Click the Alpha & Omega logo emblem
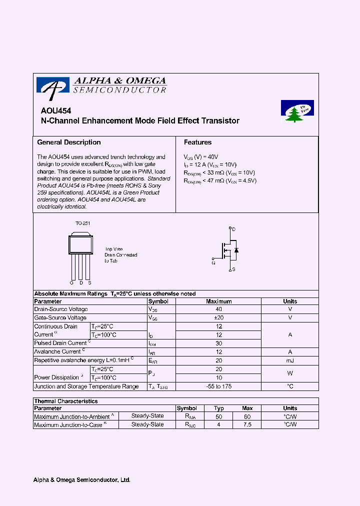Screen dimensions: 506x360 [x=52, y=86]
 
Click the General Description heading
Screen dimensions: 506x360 [x=69, y=142]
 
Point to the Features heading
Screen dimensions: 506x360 [x=197, y=142]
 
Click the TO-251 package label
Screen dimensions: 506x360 [x=82, y=223]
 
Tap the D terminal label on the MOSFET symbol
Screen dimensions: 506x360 [x=233, y=229]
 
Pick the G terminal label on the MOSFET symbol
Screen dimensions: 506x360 [x=213, y=261]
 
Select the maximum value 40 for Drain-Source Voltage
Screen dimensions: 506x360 [x=219, y=309]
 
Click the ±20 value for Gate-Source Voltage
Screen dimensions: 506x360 [x=219, y=318]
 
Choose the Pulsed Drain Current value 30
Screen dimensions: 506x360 [x=219, y=343]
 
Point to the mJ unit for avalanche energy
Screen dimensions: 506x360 [x=290, y=360]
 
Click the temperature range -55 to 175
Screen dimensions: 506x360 [x=219, y=386]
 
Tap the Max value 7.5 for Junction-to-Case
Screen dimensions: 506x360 [x=247, y=424]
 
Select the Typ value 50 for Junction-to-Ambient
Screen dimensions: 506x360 [x=218, y=416]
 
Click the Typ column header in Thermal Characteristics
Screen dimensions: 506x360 [x=218, y=408]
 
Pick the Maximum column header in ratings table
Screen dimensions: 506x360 [x=219, y=301]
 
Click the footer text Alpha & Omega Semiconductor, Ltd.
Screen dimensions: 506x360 [x=82, y=480]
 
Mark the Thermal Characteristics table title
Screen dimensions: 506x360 [x=65, y=401]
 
